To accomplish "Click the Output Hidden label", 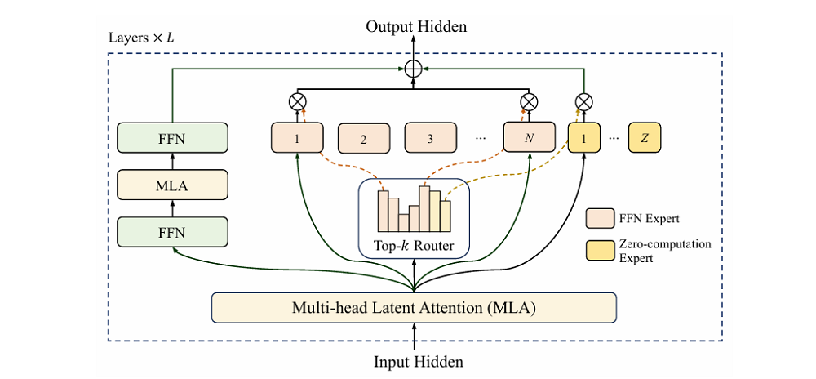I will [416, 27].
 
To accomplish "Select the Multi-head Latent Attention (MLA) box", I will [414, 308].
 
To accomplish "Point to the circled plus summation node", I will [414, 69].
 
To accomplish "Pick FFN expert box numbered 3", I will [430, 139].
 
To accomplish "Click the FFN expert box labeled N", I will [528, 137].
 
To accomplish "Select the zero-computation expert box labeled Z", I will [645, 137].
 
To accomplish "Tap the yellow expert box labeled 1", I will [584, 137].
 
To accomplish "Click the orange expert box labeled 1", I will [297, 137].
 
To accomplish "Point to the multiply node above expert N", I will [529, 101].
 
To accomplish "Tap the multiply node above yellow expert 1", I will [584, 101].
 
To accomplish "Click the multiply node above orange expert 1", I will [297, 101].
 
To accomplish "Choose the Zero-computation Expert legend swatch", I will [600, 250].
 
